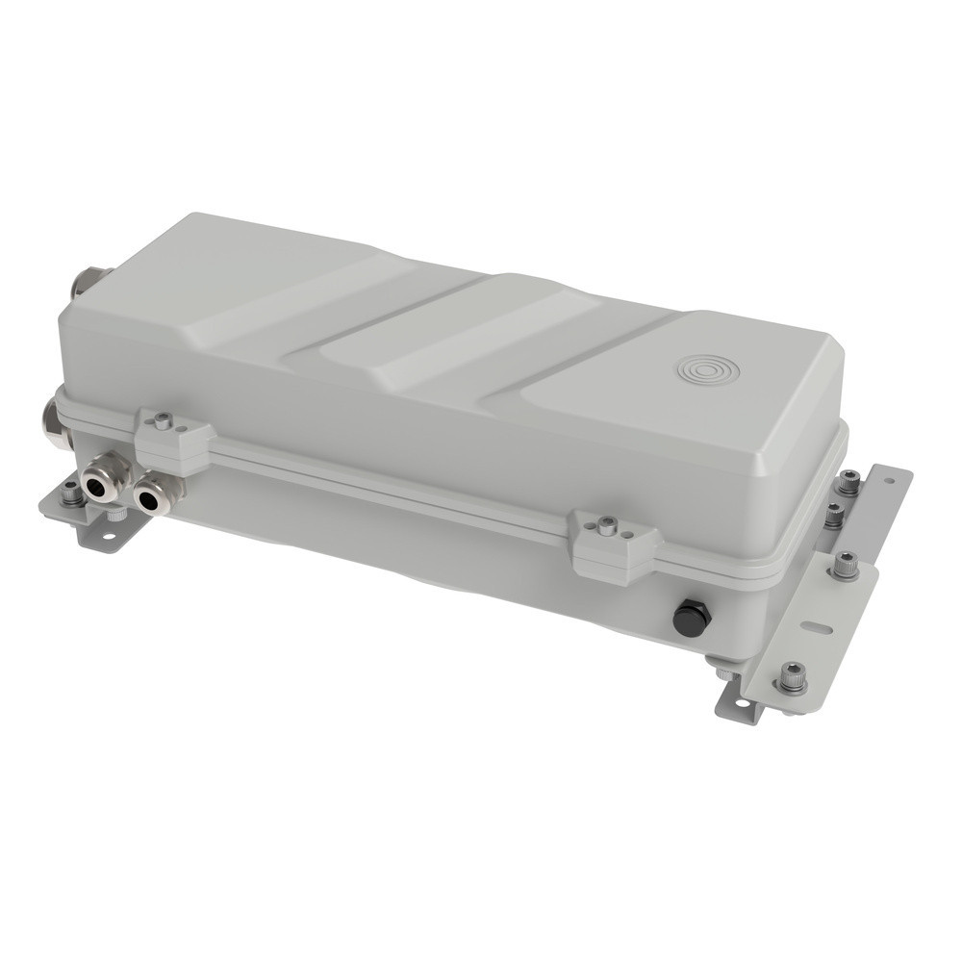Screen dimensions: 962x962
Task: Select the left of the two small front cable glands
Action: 100,486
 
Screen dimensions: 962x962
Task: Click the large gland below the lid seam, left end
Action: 55,424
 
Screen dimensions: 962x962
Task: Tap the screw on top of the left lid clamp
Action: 163,420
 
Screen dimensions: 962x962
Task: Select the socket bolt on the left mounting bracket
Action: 71,494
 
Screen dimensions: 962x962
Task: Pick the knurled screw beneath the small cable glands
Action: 114,517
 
